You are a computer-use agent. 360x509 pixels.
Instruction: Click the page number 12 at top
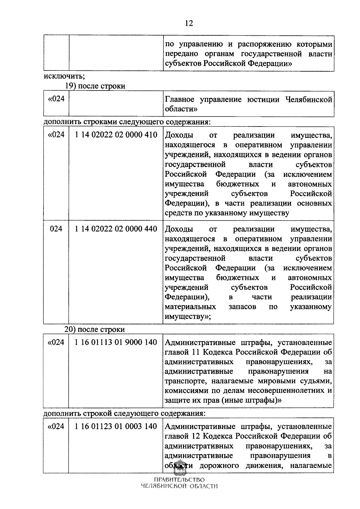189,23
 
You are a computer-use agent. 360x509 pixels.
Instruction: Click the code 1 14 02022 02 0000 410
116,135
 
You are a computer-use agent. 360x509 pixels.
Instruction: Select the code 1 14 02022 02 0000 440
116,229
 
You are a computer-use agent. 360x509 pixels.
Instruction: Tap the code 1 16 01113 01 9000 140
116,342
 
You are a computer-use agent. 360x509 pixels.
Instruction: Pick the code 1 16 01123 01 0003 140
116,426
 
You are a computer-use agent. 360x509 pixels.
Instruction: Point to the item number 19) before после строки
71,86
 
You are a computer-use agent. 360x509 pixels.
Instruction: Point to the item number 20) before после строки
70,329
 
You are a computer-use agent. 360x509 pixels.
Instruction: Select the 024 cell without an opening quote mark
56,229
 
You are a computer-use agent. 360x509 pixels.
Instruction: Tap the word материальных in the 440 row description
190,307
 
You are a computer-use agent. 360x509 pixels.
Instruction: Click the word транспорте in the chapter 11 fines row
186,381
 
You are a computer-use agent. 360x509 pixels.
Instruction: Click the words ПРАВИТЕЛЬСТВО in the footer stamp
179,488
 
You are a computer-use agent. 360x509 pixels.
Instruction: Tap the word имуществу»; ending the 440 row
188,317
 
